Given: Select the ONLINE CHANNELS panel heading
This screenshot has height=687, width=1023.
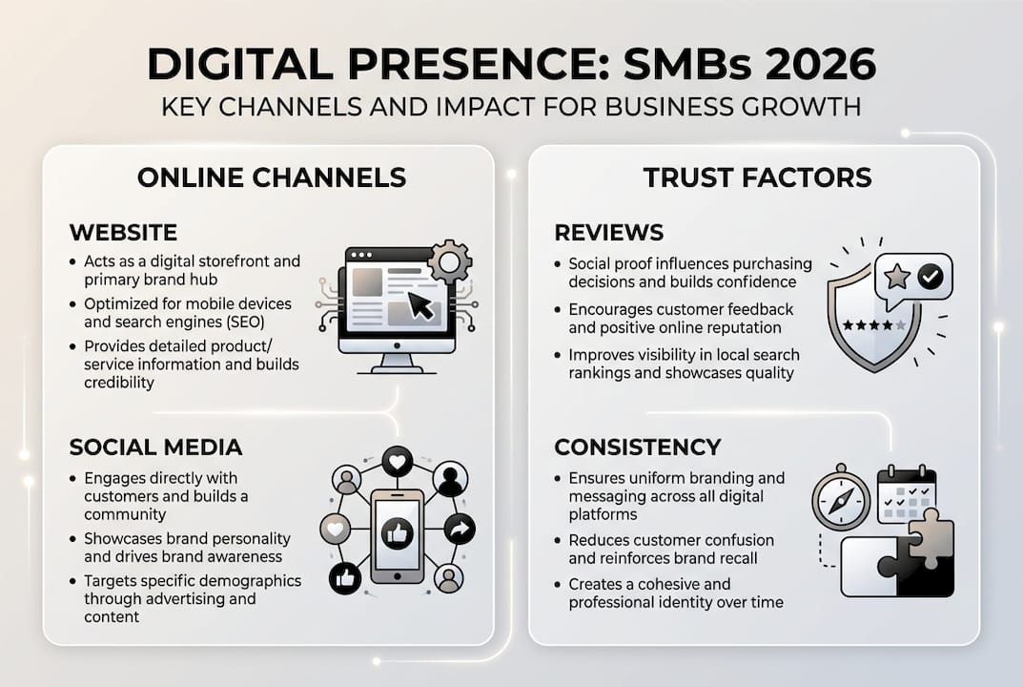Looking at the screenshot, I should (272, 177).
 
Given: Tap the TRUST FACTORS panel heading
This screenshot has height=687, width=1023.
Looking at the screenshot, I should (757, 177).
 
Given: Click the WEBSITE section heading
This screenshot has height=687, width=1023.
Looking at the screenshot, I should (123, 232).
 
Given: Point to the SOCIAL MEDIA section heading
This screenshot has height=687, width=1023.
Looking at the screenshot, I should (155, 447).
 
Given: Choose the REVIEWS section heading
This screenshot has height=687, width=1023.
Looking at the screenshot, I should (608, 232).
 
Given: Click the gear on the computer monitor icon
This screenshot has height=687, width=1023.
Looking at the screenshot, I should (449, 261).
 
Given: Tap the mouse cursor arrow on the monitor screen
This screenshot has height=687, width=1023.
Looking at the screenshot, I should (419, 305).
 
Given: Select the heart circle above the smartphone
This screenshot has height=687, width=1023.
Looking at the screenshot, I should (397, 461).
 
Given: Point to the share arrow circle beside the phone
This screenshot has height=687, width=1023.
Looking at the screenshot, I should (460, 529).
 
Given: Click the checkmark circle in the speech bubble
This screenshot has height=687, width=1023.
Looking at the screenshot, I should (930, 278).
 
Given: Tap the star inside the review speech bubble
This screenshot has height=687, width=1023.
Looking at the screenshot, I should (896, 278).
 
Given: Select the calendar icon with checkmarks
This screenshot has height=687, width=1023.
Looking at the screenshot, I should (906, 493).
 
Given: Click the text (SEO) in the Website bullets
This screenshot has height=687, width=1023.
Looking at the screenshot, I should (243, 323).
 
